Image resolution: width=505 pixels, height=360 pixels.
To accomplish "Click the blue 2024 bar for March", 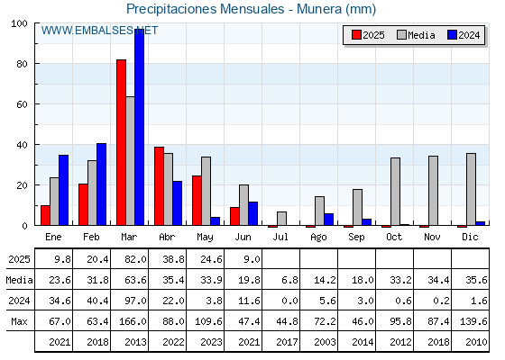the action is (140, 127).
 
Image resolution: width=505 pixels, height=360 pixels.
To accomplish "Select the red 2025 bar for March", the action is (121, 142).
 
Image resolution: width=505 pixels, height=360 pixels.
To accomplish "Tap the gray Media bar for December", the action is (471, 189).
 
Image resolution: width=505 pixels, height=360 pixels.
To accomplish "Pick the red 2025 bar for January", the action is (45, 215).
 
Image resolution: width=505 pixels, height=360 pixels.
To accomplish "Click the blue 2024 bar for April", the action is (178, 203).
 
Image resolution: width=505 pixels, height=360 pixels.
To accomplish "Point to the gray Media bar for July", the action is (281, 219).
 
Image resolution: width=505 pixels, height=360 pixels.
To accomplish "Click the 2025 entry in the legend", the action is (368, 35).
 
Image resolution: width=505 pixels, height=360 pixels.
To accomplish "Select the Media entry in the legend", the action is (416, 35).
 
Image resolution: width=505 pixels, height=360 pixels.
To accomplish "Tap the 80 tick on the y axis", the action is (23, 64).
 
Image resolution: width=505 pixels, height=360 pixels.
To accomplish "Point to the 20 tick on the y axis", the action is (23, 185).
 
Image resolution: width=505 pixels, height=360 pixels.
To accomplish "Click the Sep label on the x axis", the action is (356, 237).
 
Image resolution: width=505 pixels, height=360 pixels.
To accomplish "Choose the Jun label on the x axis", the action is (243, 237).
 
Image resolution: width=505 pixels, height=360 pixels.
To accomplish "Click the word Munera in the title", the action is (319, 9).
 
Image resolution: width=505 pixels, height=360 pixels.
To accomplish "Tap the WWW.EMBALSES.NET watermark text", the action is (99, 31).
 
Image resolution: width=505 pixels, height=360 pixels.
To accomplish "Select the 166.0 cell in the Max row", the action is (133, 321).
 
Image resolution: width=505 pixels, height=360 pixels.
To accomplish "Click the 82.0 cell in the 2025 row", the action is (135, 259).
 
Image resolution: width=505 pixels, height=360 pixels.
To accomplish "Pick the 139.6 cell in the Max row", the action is (473, 321).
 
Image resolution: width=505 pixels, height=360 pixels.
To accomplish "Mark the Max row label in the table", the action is (19, 321).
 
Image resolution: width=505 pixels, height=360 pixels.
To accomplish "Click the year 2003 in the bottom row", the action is (325, 342).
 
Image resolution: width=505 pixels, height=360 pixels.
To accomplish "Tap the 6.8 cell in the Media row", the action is (289, 280).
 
